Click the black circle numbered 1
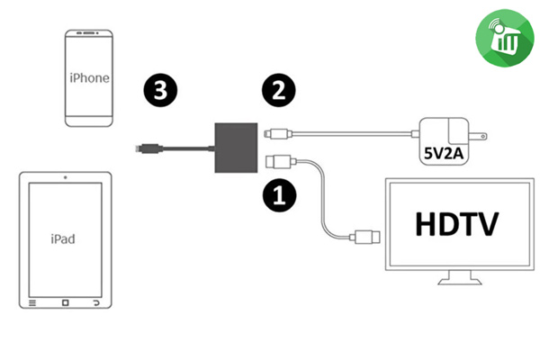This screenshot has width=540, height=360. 276,192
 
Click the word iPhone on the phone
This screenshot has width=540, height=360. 89,77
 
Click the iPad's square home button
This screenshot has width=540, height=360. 61,303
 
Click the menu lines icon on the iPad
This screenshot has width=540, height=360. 32,303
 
